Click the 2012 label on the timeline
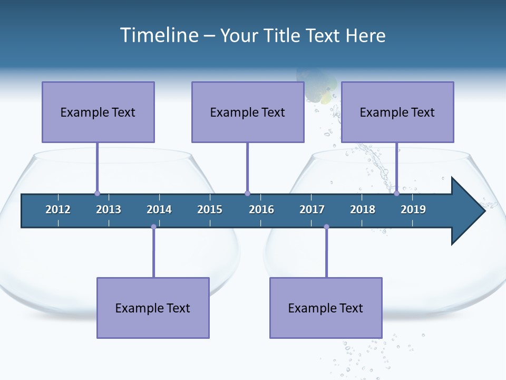click(x=58, y=210)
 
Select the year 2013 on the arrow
click(x=109, y=210)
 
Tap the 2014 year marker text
click(x=159, y=210)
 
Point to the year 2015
click(x=210, y=210)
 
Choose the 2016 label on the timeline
click(x=261, y=210)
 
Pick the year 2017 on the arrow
click(x=312, y=210)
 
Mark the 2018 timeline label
click(x=363, y=210)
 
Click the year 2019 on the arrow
click(x=413, y=210)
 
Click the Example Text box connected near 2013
click(x=98, y=112)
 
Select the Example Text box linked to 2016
click(x=248, y=112)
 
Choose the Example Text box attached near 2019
click(x=397, y=112)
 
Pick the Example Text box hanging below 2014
click(x=153, y=308)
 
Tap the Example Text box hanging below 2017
click(x=326, y=308)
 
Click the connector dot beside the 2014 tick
click(x=153, y=227)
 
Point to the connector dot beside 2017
click(x=326, y=227)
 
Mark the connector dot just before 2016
click(x=247, y=194)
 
